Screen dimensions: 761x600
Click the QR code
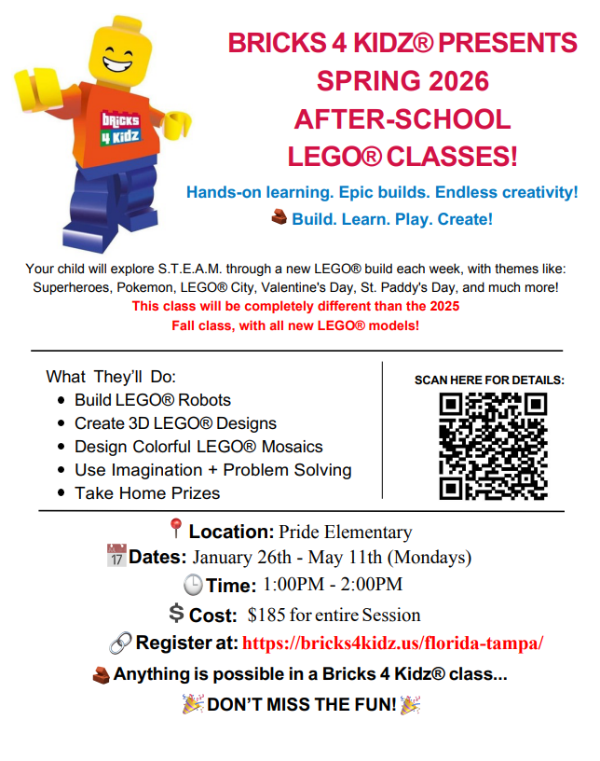493,446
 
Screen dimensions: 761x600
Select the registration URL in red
393,643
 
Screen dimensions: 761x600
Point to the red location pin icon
176,531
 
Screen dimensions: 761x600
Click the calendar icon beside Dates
116,559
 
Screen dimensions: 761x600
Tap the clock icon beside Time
192,586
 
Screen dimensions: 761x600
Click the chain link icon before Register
120,643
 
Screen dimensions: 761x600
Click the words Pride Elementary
346,533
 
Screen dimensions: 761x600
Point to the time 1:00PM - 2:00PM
333,586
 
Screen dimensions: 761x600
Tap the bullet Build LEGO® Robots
153,400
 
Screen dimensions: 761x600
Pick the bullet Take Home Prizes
147,493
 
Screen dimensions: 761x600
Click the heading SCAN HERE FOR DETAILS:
489,380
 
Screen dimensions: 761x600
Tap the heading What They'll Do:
111,377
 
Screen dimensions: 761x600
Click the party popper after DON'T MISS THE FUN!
410,704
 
